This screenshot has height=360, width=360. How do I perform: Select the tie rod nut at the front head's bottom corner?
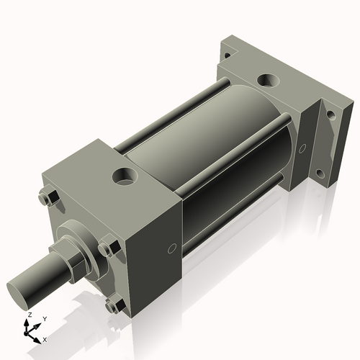[112, 306]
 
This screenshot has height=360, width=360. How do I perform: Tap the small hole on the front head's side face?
[171, 249]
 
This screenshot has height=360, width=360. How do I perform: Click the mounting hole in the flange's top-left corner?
[227, 55]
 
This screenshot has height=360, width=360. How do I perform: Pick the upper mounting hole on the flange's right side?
[330, 114]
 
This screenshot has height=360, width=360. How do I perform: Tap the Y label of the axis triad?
[44, 318]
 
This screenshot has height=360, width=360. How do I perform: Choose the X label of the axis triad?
[45, 338]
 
